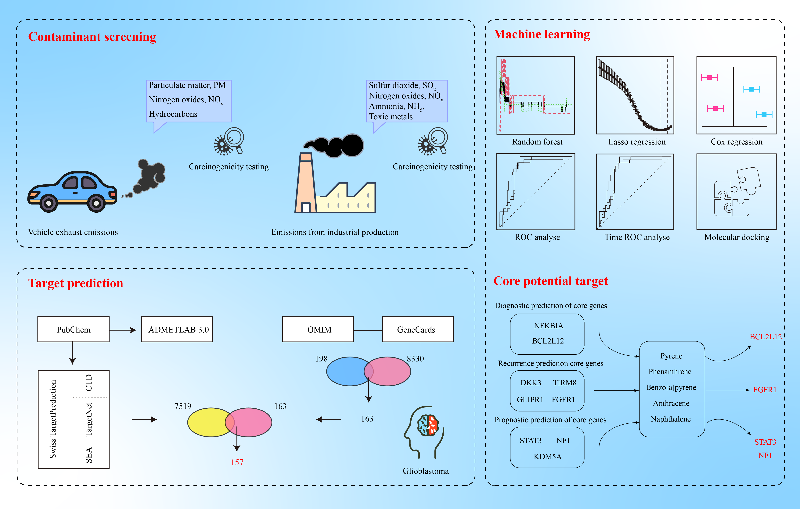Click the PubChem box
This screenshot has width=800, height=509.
pos(73,329)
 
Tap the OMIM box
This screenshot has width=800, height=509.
pos(318,329)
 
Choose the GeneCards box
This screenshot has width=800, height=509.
pos(418,329)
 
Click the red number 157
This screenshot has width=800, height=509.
pos(237,462)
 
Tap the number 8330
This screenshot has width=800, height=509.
pos(415,359)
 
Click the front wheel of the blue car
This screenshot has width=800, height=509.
pos(96,202)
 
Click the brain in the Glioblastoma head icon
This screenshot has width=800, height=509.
pos(428,425)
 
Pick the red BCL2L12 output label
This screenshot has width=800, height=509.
pos(766,337)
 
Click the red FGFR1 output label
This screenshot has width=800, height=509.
pos(765,390)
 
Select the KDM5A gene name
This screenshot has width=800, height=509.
pos(547,457)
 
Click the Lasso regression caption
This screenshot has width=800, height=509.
pos(637,142)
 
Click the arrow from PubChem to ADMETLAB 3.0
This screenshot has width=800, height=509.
pos(123,330)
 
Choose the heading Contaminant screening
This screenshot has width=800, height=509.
pos(92,37)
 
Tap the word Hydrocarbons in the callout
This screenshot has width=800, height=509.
pos(173,114)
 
